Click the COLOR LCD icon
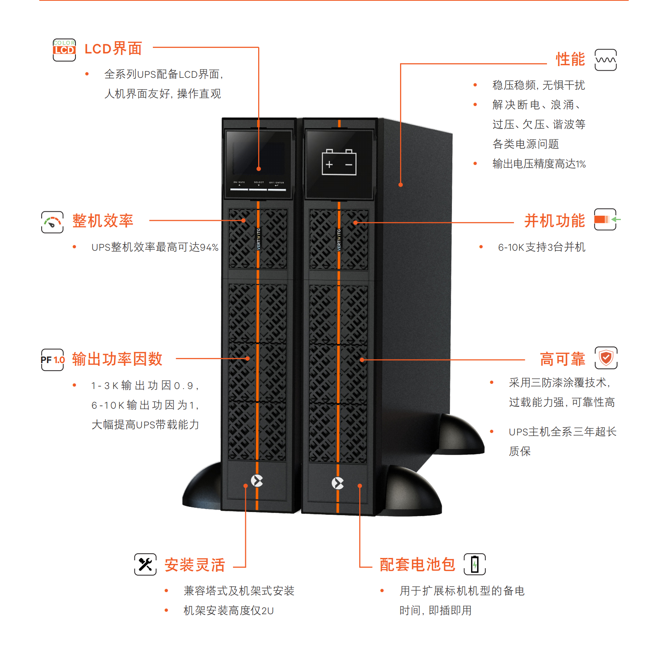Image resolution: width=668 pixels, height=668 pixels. coord(64,50)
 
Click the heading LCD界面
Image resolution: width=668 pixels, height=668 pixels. coord(113,49)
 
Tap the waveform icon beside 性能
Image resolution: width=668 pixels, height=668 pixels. coord(606,60)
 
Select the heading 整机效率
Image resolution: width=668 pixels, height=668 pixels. coord(103,221)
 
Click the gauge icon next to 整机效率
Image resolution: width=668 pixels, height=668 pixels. coord(52,222)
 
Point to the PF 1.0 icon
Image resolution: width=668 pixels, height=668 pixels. coord(52,360)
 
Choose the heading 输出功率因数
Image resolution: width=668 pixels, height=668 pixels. coord(117,359)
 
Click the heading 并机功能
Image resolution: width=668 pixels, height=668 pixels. coord(554,221)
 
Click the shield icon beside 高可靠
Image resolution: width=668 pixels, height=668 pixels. coord(606,358)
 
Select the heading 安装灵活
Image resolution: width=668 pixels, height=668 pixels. coord(195,565)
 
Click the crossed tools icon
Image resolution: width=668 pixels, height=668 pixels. coord(145,565)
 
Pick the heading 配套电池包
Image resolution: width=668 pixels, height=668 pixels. coord(417,565)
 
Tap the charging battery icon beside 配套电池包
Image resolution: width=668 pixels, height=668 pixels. coord(475,564)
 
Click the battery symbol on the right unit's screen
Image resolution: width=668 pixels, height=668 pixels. coord(339,162)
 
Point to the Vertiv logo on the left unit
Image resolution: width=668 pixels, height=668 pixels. coord(257,480)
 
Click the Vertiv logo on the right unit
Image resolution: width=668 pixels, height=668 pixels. coord(338,483)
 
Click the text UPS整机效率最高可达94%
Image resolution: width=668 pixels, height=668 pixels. coord(155,247)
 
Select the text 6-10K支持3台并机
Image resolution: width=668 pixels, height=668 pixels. coord(542,247)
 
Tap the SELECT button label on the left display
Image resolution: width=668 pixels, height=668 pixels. coord(259,182)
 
